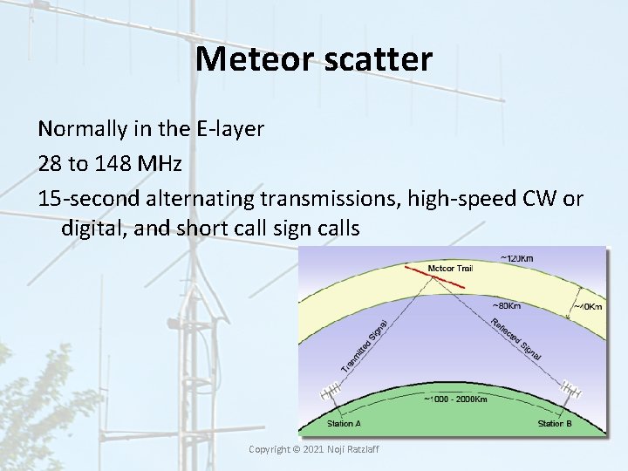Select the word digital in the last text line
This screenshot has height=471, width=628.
point(91,229)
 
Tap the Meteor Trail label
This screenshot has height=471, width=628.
point(450,268)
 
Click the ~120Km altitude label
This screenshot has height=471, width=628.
point(518,258)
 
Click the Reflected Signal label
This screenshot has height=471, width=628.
point(517,339)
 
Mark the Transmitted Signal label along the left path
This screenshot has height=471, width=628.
point(364,345)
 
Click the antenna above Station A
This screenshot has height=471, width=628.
point(332,392)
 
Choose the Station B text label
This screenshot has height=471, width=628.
point(556,424)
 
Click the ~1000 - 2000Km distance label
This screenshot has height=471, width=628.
point(455,399)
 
